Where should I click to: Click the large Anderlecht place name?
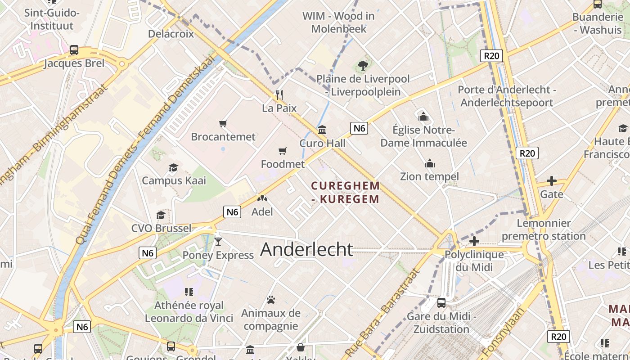click(x=306, y=249)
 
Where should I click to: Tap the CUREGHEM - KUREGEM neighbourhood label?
click(x=346, y=192)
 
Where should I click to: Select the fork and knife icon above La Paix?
click(x=279, y=94)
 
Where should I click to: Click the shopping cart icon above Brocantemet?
click(x=223, y=123)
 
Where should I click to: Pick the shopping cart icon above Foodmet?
click(x=283, y=151)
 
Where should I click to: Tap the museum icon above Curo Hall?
click(x=322, y=130)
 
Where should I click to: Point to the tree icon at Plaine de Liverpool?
click(x=363, y=66)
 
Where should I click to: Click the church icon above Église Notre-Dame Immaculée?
click(x=423, y=117)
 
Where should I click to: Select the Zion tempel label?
click(x=429, y=176)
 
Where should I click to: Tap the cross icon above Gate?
click(x=551, y=181)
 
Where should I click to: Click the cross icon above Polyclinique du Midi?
click(x=474, y=241)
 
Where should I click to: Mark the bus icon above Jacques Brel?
click(x=74, y=50)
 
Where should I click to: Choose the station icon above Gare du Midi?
click(x=441, y=303)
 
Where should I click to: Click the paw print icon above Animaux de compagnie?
click(x=270, y=299)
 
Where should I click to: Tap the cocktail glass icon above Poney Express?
click(x=218, y=242)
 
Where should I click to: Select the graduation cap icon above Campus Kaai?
click(x=173, y=168)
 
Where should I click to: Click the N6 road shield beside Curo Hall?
click(x=359, y=128)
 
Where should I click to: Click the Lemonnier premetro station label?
click(x=544, y=229)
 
